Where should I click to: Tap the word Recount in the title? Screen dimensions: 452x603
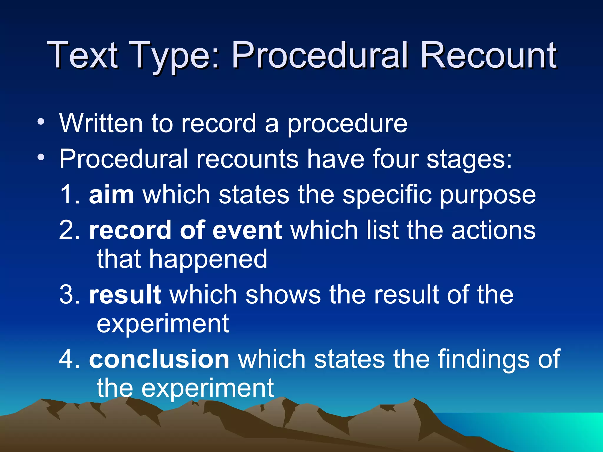coord(488,55)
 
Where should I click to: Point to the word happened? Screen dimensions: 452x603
coord(208,260)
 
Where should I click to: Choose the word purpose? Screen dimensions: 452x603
coord(488,196)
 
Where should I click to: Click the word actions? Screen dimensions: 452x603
coord(493,230)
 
